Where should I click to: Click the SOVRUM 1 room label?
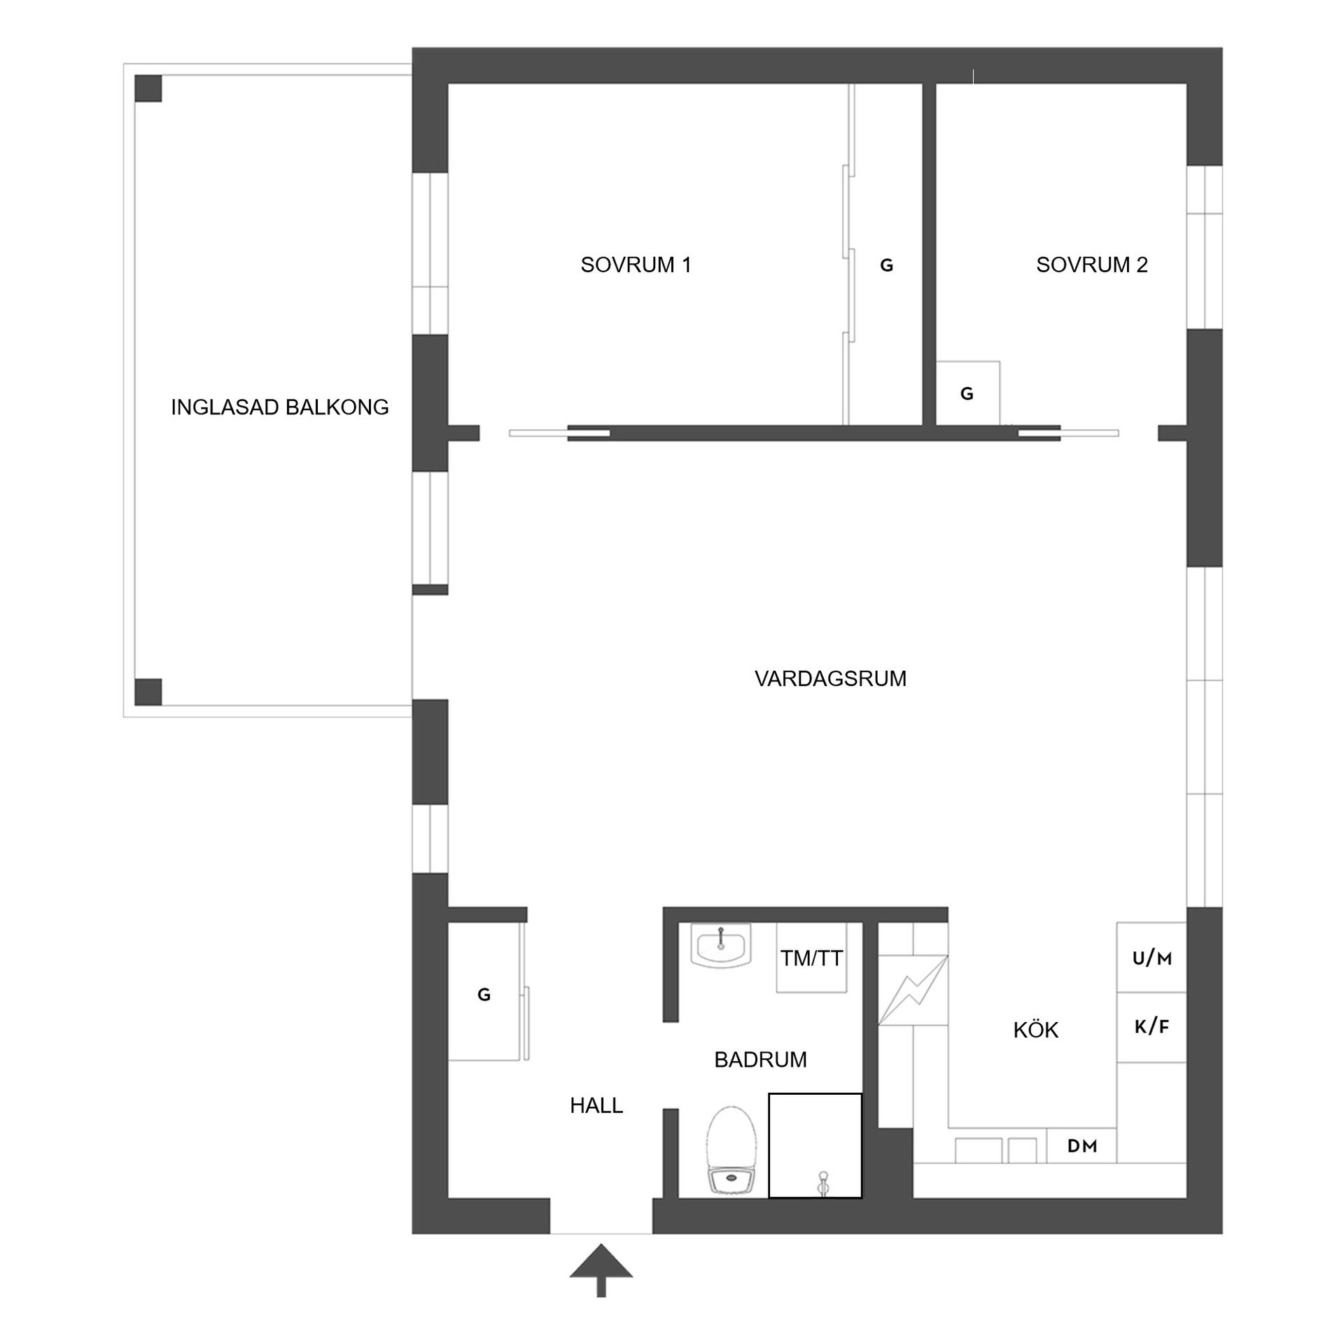(636, 265)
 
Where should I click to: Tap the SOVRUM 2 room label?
(1091, 265)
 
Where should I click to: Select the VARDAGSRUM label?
(830, 678)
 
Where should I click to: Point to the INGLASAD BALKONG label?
(279, 407)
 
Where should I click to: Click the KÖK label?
(1035, 1030)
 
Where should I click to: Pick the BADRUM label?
(760, 1060)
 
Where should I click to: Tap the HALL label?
(596, 1105)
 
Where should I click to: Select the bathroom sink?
(720, 944)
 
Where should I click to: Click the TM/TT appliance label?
(811, 959)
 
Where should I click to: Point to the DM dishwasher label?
(1081, 1147)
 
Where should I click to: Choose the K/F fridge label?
(1151, 1027)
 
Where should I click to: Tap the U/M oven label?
(1151, 958)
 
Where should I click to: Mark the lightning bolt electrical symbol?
(913, 990)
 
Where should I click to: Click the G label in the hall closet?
(484, 995)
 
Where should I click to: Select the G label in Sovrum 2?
(967, 394)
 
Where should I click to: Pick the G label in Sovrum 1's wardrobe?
(886, 265)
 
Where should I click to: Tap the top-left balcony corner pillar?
(148, 88)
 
